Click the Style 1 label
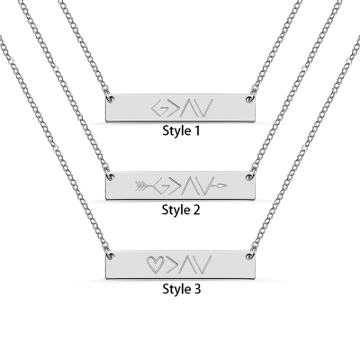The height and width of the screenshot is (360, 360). point(181,131)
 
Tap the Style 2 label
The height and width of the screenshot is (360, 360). point(181,210)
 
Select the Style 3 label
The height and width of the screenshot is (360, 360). point(181,289)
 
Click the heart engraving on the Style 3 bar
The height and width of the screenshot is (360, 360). point(155,264)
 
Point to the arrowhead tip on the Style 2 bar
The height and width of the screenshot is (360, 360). point(227,186)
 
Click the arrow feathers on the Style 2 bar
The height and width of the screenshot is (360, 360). point(140,186)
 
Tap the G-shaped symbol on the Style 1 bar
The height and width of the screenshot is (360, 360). point(160,108)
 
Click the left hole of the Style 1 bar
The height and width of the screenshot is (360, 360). point(112,99)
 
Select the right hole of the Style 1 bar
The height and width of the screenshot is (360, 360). point(248,99)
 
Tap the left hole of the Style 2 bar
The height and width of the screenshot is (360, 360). point(112,176)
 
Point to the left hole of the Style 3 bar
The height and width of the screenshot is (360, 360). point(112,256)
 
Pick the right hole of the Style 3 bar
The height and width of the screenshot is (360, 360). point(248,256)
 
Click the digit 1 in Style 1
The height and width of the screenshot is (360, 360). point(196,131)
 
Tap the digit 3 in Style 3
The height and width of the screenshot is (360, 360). point(196,289)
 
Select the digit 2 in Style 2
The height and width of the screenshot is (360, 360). point(196,210)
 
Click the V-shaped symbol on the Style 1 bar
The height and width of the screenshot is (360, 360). point(205,108)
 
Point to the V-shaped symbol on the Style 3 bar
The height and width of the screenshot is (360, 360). point(204,265)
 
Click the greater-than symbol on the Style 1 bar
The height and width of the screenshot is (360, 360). point(175,108)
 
